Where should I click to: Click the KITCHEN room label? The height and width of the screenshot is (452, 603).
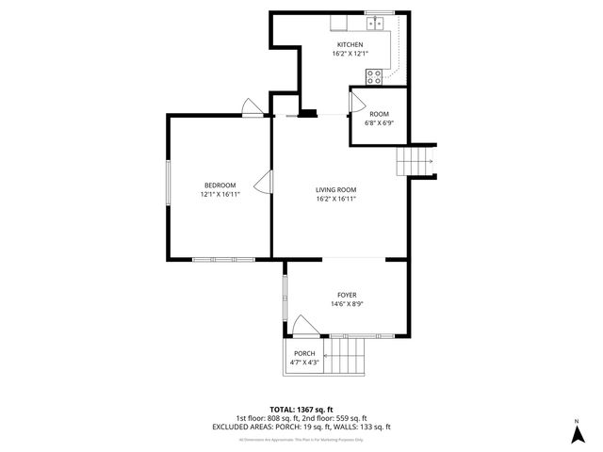[x=350, y=44]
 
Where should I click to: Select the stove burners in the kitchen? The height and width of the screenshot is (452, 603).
[x=374, y=77]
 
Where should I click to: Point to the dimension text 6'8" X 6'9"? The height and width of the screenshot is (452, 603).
[x=379, y=123]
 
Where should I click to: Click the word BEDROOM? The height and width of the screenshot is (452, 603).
[x=220, y=185]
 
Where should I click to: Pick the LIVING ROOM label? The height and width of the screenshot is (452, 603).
[x=335, y=189]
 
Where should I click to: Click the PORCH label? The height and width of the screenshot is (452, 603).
[x=304, y=353]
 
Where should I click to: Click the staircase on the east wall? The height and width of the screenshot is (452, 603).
[x=414, y=162]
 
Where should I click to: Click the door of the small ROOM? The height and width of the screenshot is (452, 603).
[x=359, y=99]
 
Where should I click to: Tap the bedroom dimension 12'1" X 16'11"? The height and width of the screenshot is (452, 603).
[x=220, y=194]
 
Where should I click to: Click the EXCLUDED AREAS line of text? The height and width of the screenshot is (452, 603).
[x=301, y=427]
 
